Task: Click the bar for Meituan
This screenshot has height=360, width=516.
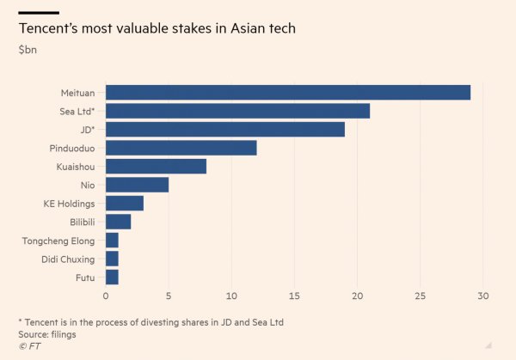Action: click(288, 93)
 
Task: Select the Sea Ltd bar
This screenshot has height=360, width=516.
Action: click(237, 111)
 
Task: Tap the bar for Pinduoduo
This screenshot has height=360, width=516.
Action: click(181, 148)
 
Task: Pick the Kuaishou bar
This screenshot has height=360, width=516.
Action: click(156, 167)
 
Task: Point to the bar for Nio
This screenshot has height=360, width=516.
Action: click(137, 185)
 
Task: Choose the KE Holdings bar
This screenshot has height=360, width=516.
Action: click(125, 204)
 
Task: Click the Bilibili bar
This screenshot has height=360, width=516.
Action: click(118, 222)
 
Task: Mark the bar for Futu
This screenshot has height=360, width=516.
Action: click(112, 277)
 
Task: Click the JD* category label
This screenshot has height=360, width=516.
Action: click(84, 130)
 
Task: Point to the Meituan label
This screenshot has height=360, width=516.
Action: click(77, 93)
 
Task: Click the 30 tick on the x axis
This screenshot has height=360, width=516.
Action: click(483, 296)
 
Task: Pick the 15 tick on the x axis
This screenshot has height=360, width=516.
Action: click(294, 296)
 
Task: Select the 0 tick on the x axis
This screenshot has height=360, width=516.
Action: click(106, 296)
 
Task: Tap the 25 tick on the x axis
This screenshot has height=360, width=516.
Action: click(421, 296)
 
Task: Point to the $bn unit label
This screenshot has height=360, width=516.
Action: click(28, 50)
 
